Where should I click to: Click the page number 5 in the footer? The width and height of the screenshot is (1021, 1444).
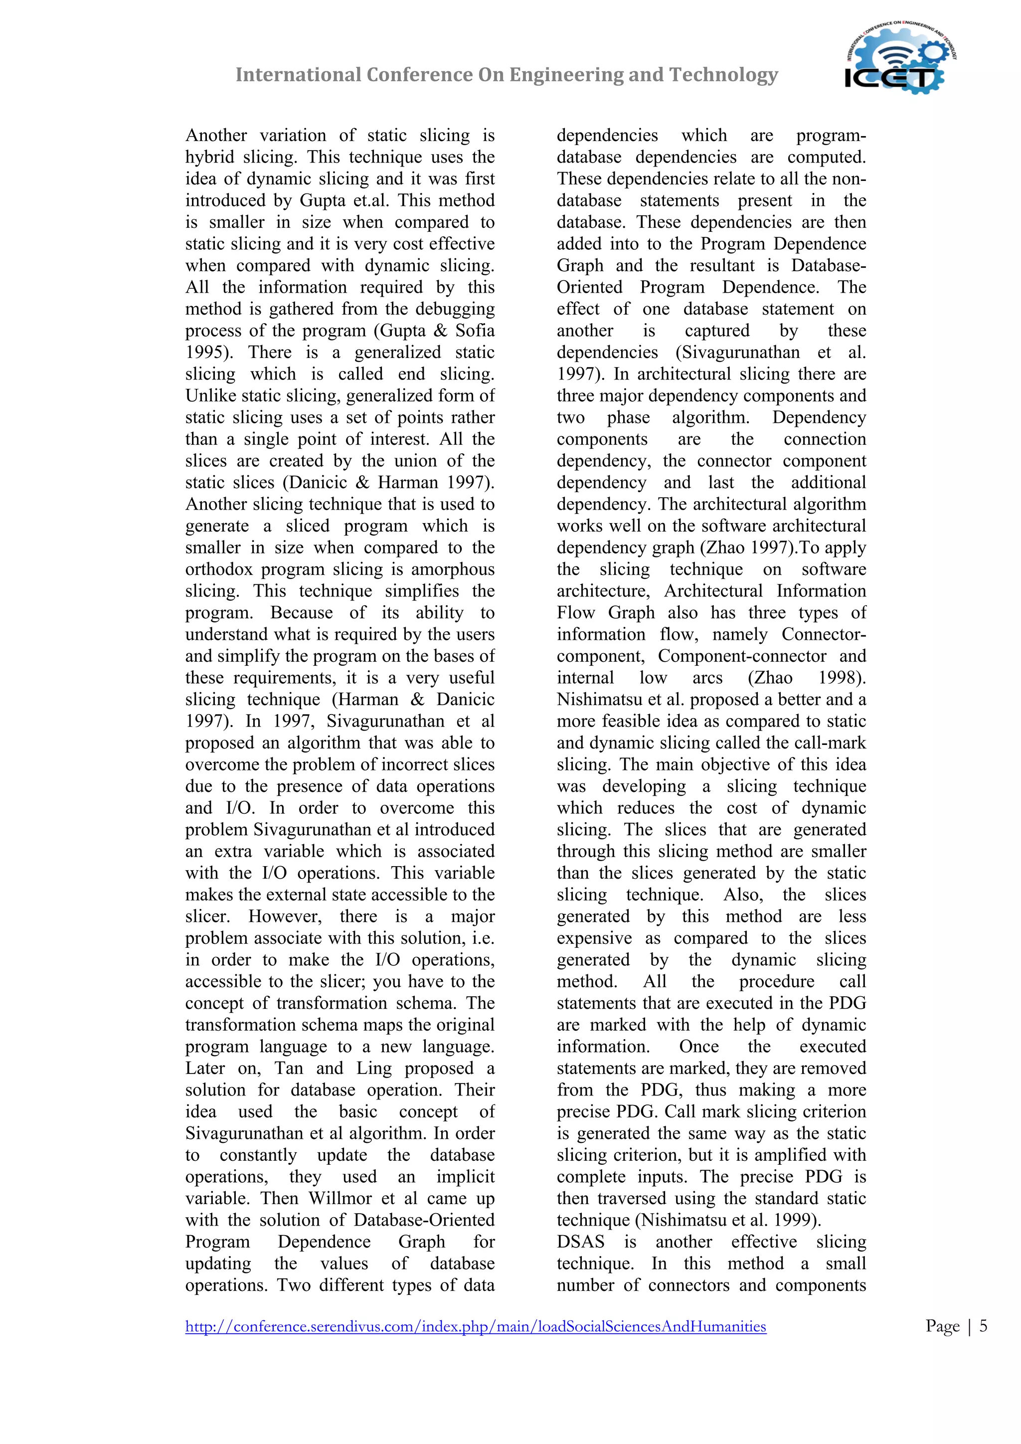(x=983, y=1326)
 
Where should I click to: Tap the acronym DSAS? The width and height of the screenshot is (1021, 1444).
(x=580, y=1242)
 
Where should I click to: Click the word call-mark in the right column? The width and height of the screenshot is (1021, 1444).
(x=832, y=743)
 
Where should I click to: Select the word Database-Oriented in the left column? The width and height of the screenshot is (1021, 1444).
(x=424, y=1220)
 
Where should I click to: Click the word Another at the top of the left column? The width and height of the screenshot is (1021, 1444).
(x=216, y=135)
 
